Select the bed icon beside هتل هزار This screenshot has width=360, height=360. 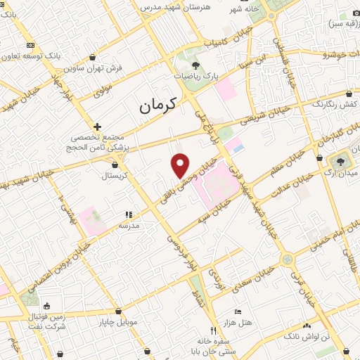pos(238,311)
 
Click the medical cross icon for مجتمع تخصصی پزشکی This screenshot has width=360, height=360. pos(97,126)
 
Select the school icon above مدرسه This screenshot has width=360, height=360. pos(128,215)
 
